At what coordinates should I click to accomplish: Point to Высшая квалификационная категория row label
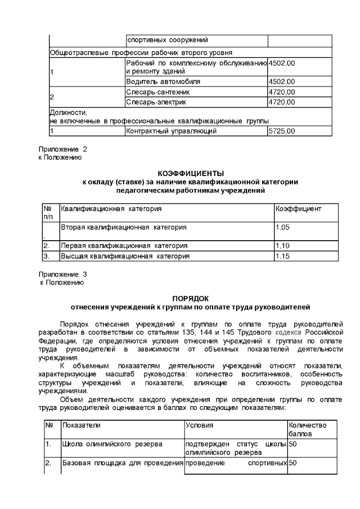point(125,256)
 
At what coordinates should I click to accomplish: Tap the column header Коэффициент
point(298,209)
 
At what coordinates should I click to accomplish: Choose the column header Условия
point(199,425)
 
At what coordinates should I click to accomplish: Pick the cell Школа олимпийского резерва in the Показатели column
point(112,444)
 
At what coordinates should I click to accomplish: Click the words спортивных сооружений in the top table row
point(168,40)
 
